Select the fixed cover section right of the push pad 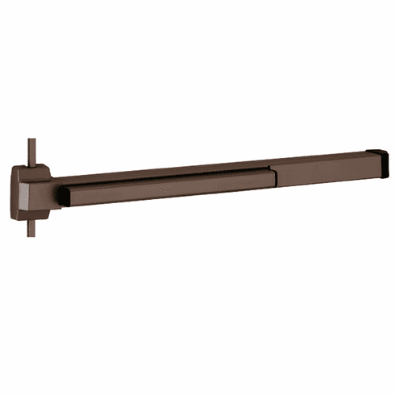click(322, 168)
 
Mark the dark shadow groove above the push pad click(161, 177)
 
